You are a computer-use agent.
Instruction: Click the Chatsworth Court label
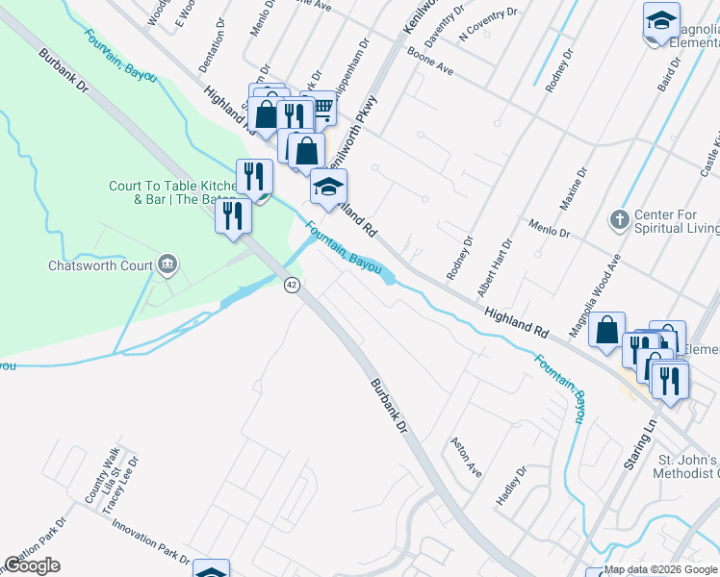pyautogui.click(x=100, y=265)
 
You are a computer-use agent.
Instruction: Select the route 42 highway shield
pyautogui.click(x=291, y=285)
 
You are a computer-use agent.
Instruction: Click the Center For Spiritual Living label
pyautogui.click(x=676, y=221)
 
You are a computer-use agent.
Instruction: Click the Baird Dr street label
pyautogui.click(x=663, y=72)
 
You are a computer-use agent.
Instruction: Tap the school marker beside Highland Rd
pyautogui.click(x=328, y=188)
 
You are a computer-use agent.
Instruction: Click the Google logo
pyautogui.click(x=33, y=565)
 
